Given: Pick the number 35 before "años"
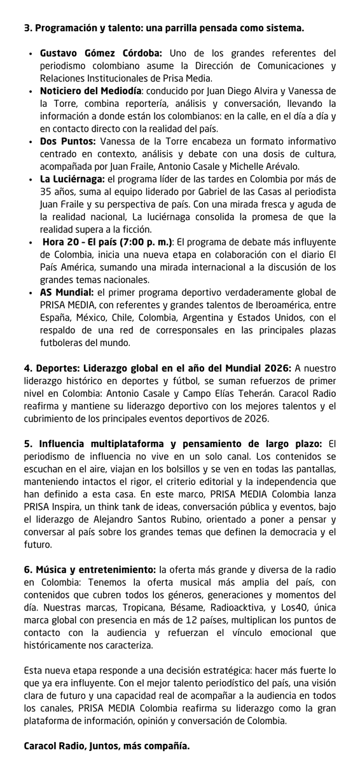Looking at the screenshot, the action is [46, 192].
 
